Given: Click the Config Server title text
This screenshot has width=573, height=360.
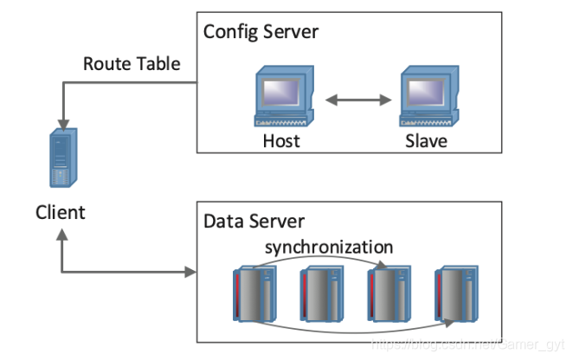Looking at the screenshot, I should tap(261, 33).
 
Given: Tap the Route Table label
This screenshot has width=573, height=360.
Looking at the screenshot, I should tap(132, 63).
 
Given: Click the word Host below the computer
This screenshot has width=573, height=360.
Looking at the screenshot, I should tap(281, 140).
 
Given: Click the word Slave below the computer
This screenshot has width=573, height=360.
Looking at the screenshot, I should tap(427, 140).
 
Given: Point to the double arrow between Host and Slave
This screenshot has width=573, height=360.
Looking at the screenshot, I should tap(355, 101).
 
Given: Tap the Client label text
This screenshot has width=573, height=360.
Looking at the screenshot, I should tap(61, 211).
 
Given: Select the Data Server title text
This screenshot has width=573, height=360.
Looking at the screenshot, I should tap(254, 222).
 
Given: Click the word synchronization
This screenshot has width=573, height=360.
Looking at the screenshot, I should tap(329, 247).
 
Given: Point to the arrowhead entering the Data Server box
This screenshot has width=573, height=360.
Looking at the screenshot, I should tap(190, 273).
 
